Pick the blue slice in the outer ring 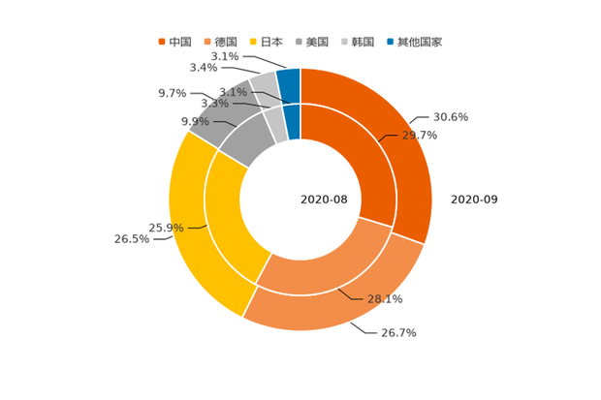pyautogui.click(x=289, y=78)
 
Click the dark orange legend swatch pyautogui.click(x=162, y=42)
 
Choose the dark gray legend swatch pyautogui.click(x=300, y=42)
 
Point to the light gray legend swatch pyautogui.click(x=345, y=42)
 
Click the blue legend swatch pyautogui.click(x=391, y=42)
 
